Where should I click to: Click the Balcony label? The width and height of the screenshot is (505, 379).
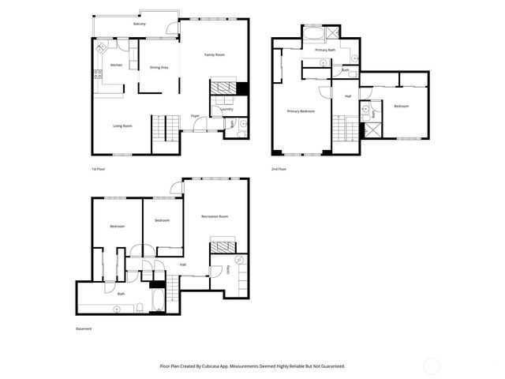click(140, 24)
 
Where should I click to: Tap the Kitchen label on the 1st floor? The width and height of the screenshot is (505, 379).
click(116, 65)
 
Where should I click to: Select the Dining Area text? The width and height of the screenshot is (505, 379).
click(159, 67)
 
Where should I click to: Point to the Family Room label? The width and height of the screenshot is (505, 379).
click(215, 54)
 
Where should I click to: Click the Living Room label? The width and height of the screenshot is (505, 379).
click(122, 126)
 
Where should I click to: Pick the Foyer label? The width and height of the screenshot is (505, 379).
click(195, 115)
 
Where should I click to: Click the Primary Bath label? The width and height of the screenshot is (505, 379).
click(326, 50)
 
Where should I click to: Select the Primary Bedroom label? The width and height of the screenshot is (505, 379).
click(301, 111)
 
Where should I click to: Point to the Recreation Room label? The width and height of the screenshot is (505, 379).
click(215, 216)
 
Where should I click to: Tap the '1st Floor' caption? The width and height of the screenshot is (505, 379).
click(98, 169)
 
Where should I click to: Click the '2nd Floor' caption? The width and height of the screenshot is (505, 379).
click(279, 169)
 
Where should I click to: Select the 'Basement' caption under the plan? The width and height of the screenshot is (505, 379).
click(84, 328)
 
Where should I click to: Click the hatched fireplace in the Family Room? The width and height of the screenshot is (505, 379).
click(224, 86)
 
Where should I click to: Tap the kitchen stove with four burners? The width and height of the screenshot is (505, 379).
click(98, 76)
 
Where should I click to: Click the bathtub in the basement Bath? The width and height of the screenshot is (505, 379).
click(156, 301)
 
